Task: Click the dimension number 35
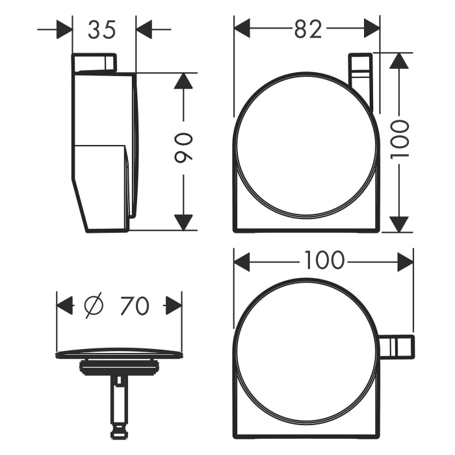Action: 103,29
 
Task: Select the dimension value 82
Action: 307,29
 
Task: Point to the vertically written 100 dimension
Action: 400,138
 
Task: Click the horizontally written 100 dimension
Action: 323,261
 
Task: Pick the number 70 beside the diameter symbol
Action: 134,305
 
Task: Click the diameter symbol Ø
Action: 95,305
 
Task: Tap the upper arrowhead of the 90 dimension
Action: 184,81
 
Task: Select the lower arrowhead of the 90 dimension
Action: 184,222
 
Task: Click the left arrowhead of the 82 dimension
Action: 242,28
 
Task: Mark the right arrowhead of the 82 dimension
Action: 372,28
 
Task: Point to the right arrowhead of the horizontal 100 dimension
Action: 406,262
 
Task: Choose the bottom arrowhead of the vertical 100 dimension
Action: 400,224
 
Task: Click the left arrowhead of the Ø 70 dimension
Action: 65,305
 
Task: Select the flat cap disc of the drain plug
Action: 119,354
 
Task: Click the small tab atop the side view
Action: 94,62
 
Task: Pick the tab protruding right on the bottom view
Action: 397,346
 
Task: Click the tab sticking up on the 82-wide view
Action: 361,75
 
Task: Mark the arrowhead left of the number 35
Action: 64,29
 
